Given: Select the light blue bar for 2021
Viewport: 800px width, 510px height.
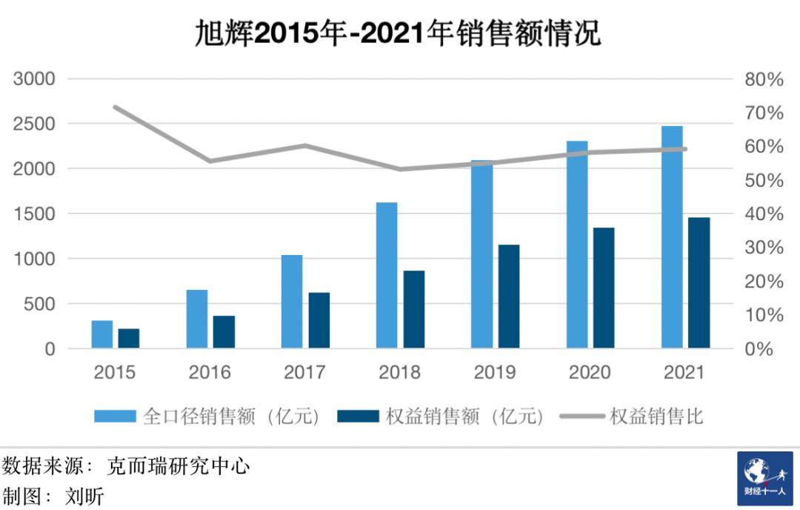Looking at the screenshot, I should pos(672,237).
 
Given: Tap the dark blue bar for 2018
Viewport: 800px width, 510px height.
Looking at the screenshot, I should pos(414,309).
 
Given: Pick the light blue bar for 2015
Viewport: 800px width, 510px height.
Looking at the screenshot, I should pos(102,334).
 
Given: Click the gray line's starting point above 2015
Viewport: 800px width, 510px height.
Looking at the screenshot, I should pos(115,107).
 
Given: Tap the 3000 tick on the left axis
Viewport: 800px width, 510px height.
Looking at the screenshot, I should pos(34,79).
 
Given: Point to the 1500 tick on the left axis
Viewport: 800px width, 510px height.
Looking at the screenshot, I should pos(34,214).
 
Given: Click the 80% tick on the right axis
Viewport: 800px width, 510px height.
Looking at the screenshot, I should pos(763,79).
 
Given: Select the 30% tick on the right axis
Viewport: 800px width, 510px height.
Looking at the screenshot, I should pos(763,248).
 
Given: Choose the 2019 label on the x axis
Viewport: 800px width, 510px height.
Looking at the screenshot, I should pos(494,372).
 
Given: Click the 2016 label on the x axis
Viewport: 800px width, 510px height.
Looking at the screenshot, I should pos(210,372).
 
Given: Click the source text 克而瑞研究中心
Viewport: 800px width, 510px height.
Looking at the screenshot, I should pos(179,466).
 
